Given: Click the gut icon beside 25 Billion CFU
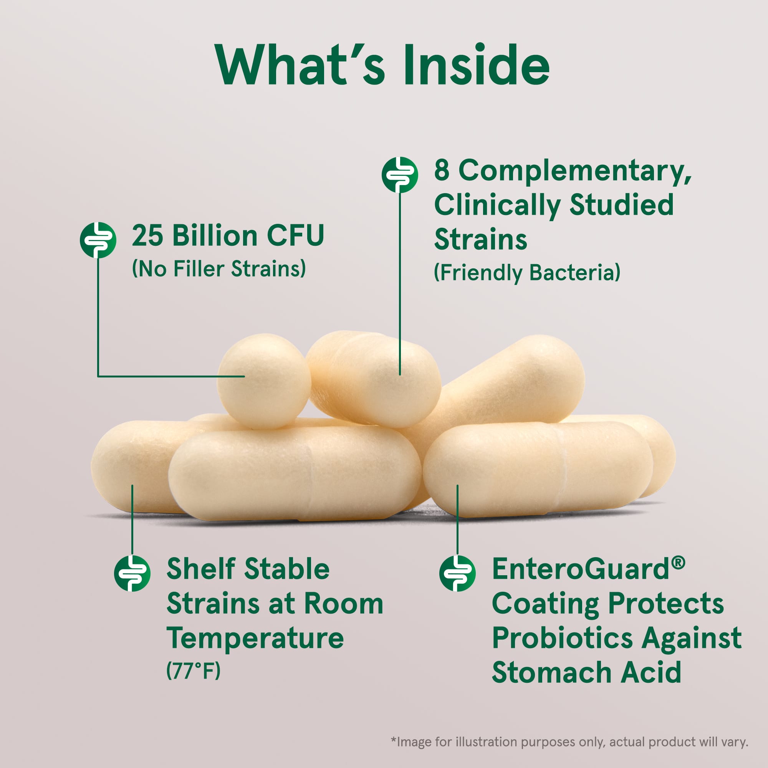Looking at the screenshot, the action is tap(98, 240).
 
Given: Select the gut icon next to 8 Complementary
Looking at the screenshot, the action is tap(399, 174).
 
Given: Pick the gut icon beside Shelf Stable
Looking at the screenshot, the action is tap(132, 573).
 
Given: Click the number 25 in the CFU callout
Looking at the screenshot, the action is tap(147, 236).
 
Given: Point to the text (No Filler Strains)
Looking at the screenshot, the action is tap(219, 269).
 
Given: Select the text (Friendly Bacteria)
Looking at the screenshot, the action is tap(527, 273).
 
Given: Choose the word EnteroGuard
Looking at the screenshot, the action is tap(581, 569).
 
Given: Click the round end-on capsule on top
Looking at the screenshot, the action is tap(263, 381).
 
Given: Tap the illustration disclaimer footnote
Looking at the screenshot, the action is tap(569, 742).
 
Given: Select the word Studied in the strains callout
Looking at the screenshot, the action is tap(622, 205).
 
